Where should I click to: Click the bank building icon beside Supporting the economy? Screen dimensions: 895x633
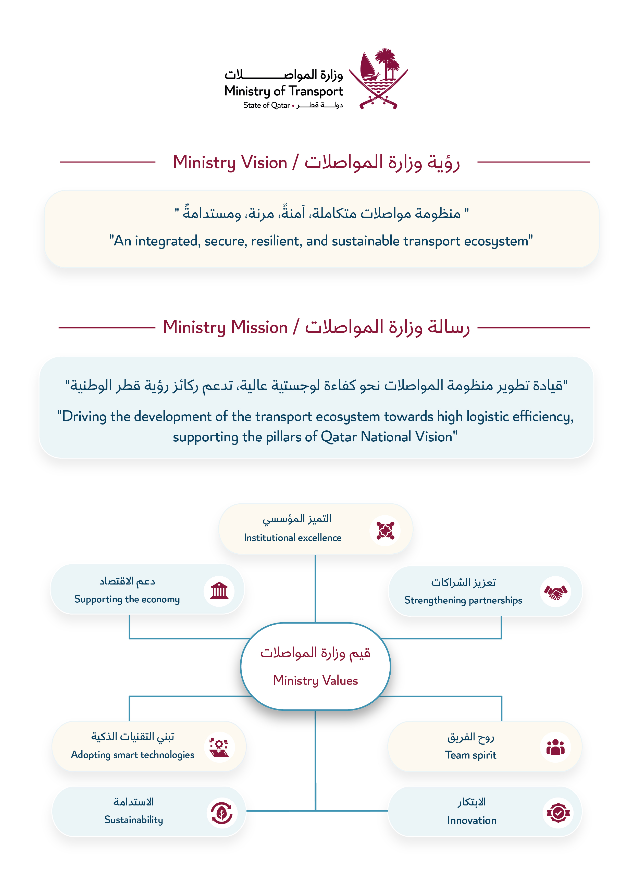pyautogui.click(x=219, y=591)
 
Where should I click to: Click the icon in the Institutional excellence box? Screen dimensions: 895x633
pyautogui.click(x=385, y=530)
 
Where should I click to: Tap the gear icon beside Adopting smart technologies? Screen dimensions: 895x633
pyautogui.click(x=219, y=747)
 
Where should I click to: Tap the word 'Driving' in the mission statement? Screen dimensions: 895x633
pyautogui.click(x=84, y=417)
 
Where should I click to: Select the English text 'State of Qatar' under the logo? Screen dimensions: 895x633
pyautogui.click(x=266, y=105)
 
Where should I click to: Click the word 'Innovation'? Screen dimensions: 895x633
pyautogui.click(x=472, y=821)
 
